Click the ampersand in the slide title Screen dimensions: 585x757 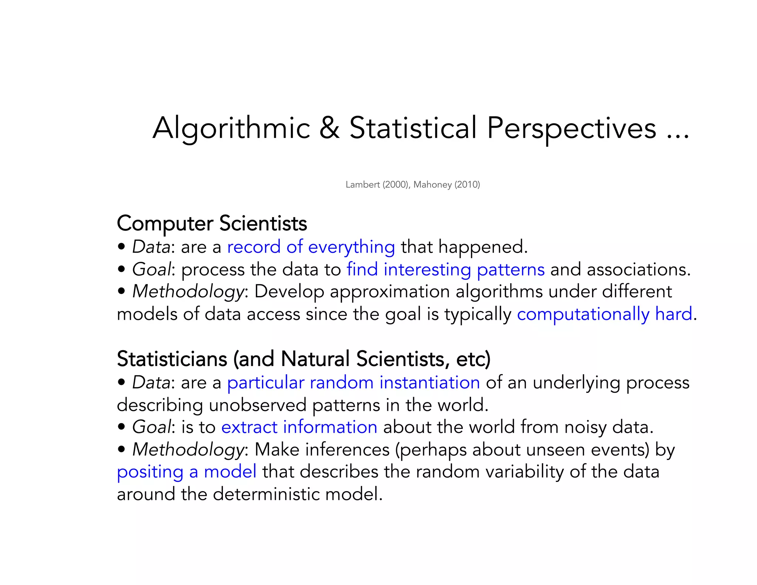coord(329,128)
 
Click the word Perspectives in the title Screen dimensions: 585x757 coord(571,128)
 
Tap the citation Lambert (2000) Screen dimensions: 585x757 coord(377,185)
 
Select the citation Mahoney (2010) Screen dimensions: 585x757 coord(447,185)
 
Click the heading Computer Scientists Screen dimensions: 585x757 coord(212,223)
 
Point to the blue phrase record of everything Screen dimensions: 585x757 coord(311,247)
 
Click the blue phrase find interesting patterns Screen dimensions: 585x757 coord(445,270)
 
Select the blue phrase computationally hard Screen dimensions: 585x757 coord(604,314)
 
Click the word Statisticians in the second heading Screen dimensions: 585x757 coord(172,359)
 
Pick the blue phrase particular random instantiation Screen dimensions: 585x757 coord(353,383)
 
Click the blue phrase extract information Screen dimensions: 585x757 coord(299,427)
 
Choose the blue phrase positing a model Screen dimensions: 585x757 coord(186,472)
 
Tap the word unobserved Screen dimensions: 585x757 coord(258,405)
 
